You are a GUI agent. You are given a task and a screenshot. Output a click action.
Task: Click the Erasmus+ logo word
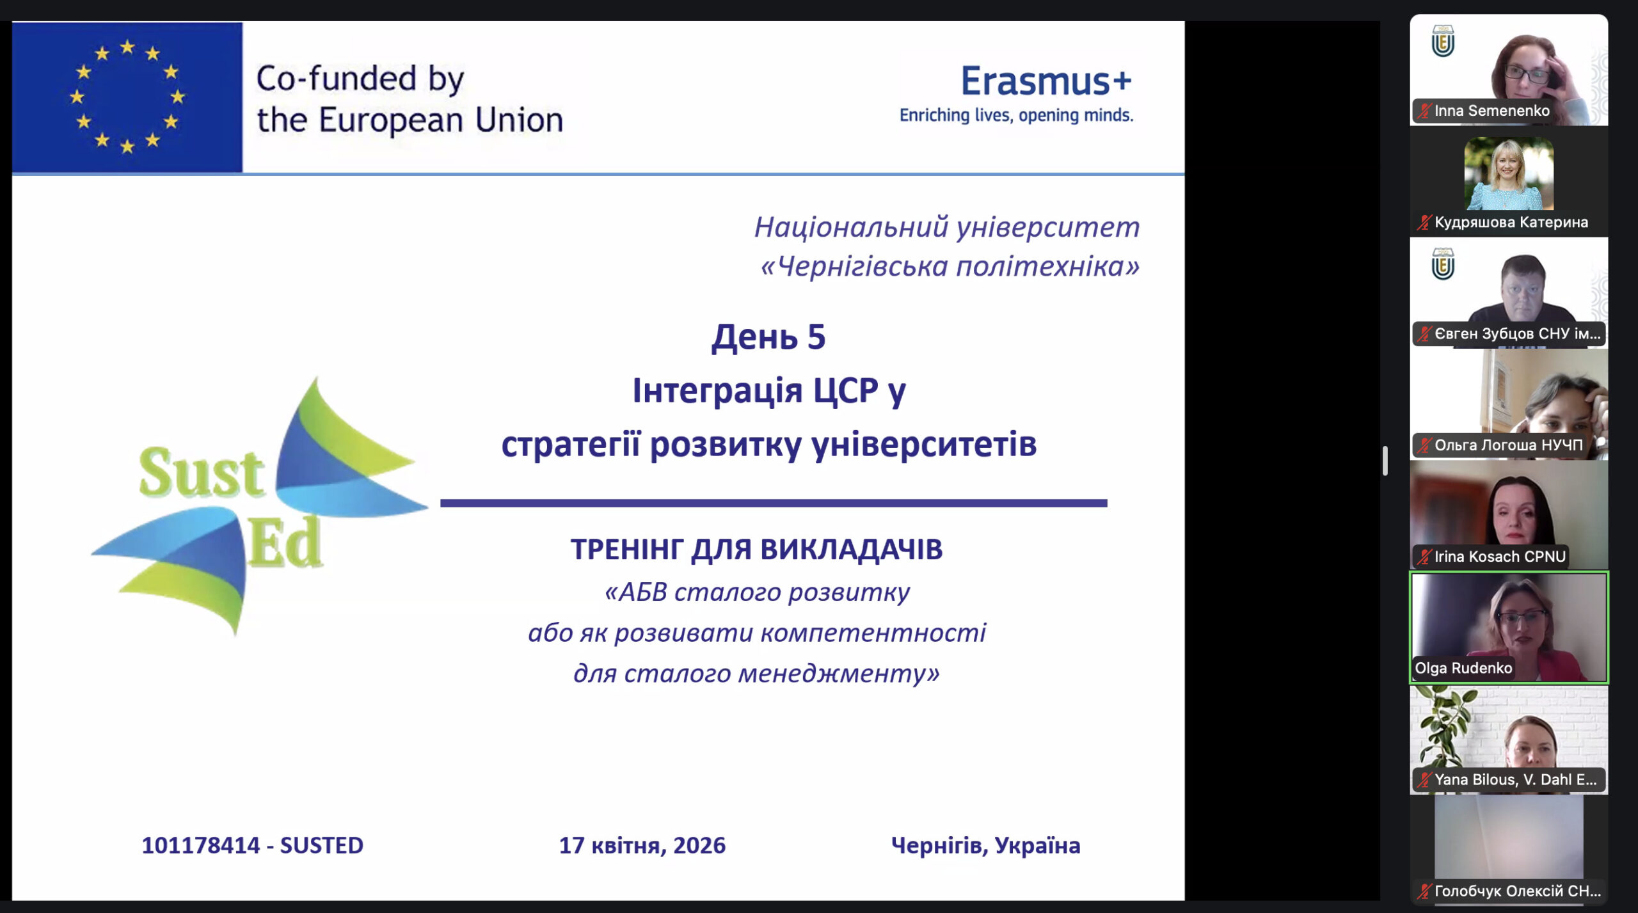pyautogui.click(x=1046, y=81)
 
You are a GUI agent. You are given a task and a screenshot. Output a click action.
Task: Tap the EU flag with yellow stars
pyautogui.click(x=127, y=97)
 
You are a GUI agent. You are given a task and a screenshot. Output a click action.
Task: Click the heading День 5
pyautogui.click(x=768, y=337)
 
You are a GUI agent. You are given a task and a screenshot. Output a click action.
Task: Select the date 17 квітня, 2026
pyautogui.click(x=642, y=845)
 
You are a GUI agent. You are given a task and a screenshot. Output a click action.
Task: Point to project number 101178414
pyautogui.click(x=200, y=845)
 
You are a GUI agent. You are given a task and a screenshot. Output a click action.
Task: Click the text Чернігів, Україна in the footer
pyautogui.click(x=985, y=845)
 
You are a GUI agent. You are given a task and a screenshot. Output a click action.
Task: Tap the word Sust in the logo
pyautogui.click(x=202, y=473)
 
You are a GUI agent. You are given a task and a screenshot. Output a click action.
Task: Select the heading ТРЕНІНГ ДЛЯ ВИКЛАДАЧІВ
pyautogui.click(x=756, y=549)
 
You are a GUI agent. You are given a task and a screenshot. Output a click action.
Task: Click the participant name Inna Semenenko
pyautogui.click(x=1491, y=111)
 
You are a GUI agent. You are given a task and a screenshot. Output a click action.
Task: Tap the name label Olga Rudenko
pyautogui.click(x=1463, y=668)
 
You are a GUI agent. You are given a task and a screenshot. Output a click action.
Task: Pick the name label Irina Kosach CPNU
pyautogui.click(x=1499, y=557)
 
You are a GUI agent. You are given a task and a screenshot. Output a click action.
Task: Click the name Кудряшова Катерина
pyautogui.click(x=1511, y=222)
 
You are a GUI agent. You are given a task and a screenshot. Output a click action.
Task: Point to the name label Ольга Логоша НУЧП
pyautogui.click(x=1508, y=445)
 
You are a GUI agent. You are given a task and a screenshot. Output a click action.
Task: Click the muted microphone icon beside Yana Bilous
pyautogui.click(x=1424, y=779)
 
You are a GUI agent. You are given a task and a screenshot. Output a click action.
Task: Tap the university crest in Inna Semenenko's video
pyautogui.click(x=1442, y=42)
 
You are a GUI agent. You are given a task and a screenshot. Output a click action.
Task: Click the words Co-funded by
pyautogui.click(x=360, y=79)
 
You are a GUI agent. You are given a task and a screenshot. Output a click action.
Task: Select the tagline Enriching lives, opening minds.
pyautogui.click(x=1016, y=115)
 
